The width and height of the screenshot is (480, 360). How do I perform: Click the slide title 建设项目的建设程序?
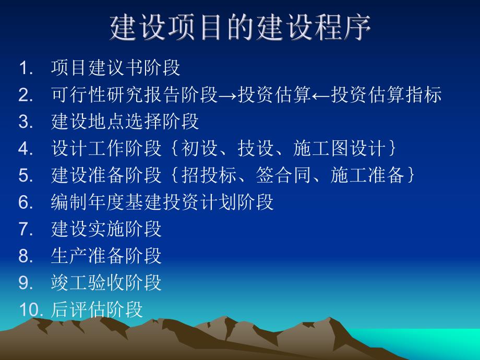click(240, 27)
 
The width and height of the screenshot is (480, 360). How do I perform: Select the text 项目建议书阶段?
click(115, 68)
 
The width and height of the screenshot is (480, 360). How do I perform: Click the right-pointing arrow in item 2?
click(227, 95)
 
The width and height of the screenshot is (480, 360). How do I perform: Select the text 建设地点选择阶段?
click(125, 122)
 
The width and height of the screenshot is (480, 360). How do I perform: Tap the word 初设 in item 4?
click(199, 149)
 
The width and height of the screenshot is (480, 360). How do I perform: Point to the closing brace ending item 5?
click(411, 176)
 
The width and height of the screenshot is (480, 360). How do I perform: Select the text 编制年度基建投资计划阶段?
click(162, 202)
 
